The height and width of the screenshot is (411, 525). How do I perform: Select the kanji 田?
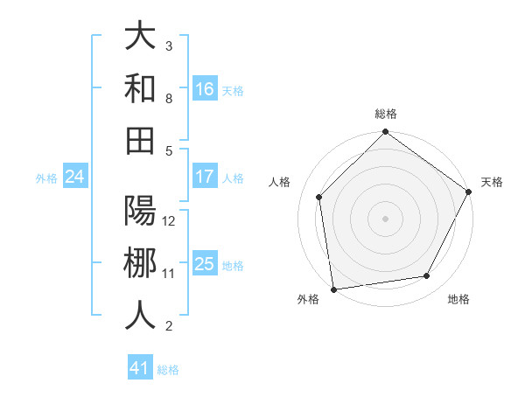[140, 140]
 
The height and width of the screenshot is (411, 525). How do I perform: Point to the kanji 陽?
[140, 210]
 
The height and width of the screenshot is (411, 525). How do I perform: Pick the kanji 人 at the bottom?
[140, 315]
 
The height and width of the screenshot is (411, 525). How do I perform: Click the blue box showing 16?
[205, 88]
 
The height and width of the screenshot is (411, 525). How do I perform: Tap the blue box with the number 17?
[205, 177]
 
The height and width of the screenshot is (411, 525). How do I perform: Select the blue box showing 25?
[205, 264]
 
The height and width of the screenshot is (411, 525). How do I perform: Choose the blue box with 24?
[74, 177]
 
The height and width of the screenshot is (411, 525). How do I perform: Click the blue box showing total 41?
[140, 368]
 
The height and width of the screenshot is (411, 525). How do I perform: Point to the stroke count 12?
[169, 220]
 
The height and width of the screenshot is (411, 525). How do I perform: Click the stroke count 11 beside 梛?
[169, 273]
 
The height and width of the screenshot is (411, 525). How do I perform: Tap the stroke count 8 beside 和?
[169, 98]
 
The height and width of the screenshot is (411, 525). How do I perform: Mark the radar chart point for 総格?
[385, 133]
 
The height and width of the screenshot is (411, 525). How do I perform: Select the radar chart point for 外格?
[333, 289]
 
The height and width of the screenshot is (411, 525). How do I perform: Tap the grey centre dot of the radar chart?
[385, 218]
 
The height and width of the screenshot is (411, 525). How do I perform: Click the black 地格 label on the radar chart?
[458, 300]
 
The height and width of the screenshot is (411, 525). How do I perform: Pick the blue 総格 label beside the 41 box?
[168, 370]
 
